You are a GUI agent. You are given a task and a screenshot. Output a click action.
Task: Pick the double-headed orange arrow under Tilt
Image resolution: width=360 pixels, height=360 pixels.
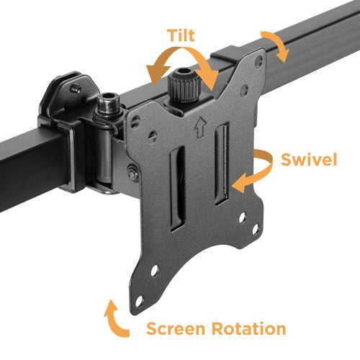coord(184,69)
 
